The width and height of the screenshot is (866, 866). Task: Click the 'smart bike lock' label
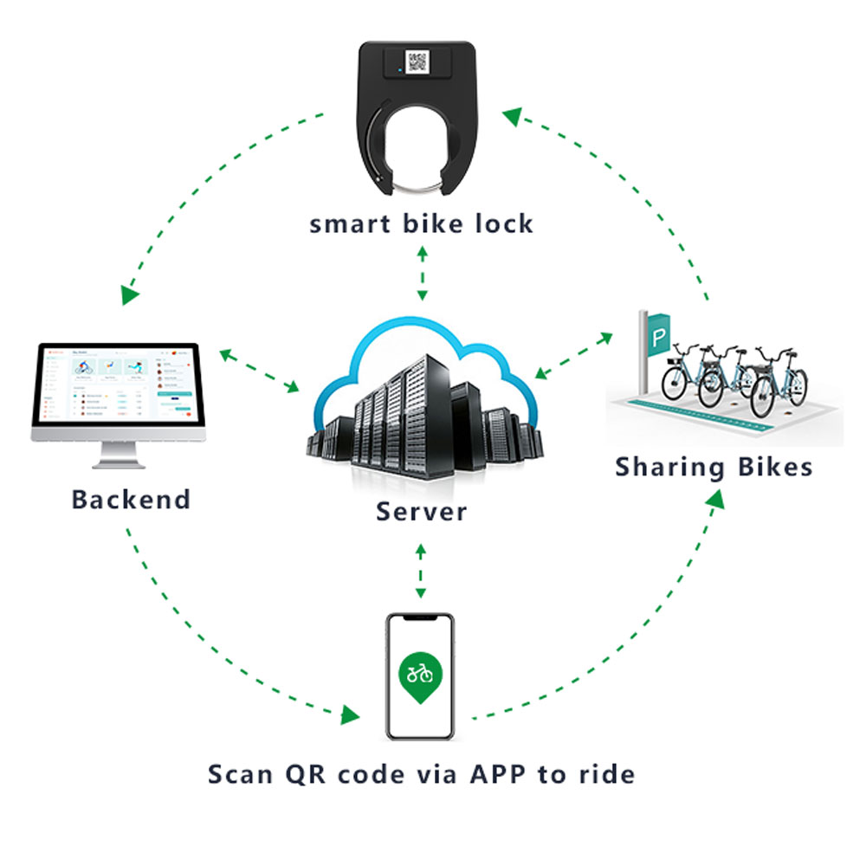tap(421, 224)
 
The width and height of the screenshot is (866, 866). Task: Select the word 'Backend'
tap(131, 500)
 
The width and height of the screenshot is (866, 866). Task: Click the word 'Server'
tap(421, 511)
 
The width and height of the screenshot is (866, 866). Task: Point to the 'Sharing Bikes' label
tap(714, 468)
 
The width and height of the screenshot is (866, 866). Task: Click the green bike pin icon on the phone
tap(420, 675)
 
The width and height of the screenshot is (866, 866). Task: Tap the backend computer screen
tap(119, 386)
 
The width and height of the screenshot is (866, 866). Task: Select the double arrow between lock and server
tap(422, 272)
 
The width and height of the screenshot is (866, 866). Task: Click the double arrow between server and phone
tap(421, 571)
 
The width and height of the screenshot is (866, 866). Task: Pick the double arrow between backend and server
tap(259, 369)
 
